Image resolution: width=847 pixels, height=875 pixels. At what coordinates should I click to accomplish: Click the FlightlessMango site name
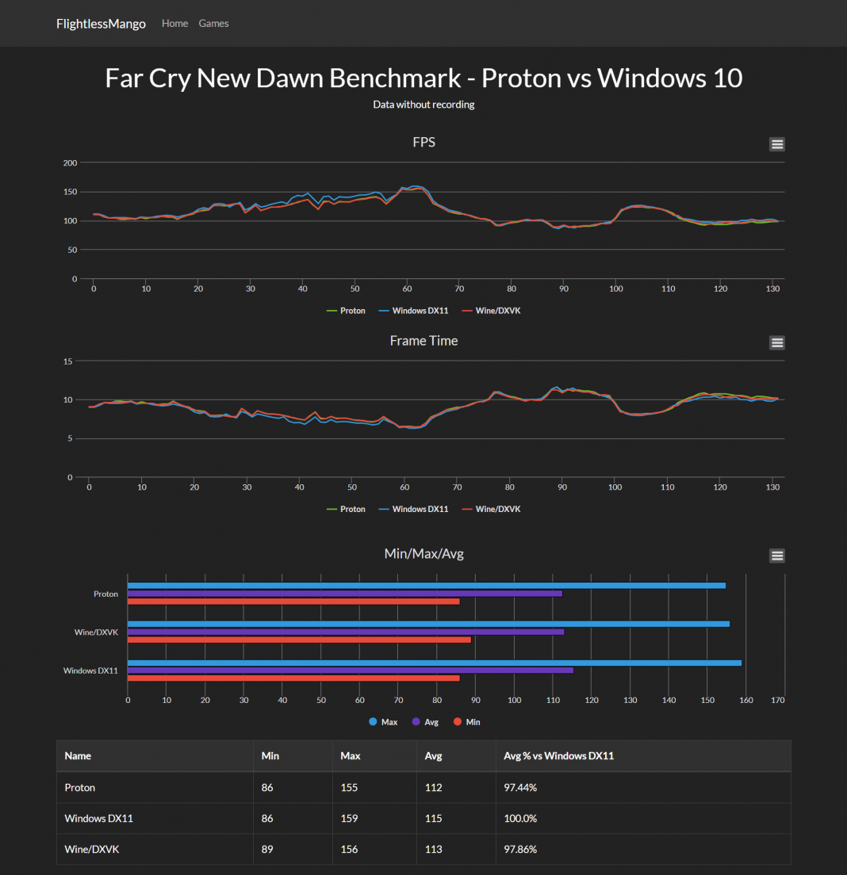[101, 24]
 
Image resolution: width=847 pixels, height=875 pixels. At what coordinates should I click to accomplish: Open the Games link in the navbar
[213, 24]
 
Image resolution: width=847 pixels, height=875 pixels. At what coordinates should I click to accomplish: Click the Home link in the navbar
[174, 24]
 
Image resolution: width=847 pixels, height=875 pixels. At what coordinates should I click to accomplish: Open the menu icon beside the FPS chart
[776, 144]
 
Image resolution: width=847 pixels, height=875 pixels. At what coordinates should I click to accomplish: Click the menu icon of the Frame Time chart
[776, 342]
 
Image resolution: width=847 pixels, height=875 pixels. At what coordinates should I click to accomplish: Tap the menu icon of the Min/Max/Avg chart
[776, 556]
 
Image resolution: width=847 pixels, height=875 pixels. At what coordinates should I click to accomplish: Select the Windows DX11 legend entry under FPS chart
[414, 311]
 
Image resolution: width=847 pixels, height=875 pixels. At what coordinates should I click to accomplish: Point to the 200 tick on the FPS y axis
[70, 163]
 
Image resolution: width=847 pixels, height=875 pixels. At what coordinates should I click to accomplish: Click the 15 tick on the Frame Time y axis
[68, 361]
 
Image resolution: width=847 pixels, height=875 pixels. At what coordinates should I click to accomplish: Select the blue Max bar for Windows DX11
[435, 663]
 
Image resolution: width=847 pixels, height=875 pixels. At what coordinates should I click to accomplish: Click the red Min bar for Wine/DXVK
[299, 640]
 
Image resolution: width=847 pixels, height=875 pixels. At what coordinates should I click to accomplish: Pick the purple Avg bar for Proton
[345, 593]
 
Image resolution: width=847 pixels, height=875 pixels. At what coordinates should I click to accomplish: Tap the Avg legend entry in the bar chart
[425, 722]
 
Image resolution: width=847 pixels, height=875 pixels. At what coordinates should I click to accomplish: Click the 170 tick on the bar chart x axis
[778, 701]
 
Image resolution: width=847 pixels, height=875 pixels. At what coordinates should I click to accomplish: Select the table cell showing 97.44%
[520, 788]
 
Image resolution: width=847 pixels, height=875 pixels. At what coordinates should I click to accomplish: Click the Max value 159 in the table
[349, 819]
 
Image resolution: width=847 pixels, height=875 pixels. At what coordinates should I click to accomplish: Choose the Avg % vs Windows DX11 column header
[558, 756]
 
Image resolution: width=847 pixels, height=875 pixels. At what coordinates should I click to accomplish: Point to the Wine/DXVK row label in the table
[91, 850]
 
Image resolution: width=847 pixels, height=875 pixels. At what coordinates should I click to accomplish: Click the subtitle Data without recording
[423, 105]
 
